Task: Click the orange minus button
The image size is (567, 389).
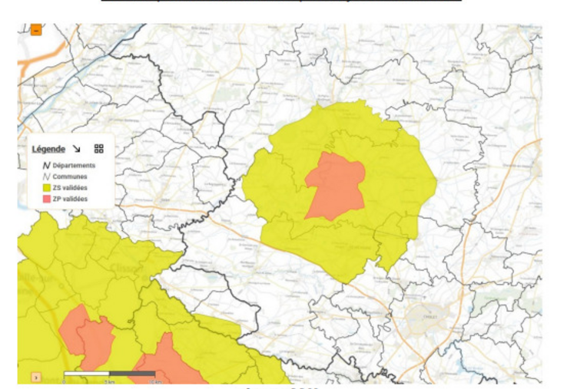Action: tap(36, 30)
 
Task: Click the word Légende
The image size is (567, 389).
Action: tap(48, 149)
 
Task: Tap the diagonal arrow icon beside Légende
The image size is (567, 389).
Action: tap(76, 149)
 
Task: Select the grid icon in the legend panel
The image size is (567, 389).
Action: tap(99, 149)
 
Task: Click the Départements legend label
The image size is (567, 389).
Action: tap(74, 165)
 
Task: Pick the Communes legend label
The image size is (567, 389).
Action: tap(70, 176)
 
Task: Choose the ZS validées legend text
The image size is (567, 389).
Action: tap(70, 188)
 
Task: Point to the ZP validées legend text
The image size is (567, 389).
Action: tap(70, 199)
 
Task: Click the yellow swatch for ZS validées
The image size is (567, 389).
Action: tap(46, 188)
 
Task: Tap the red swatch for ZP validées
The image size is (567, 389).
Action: tap(46, 199)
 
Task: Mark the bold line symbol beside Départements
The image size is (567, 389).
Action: tap(46, 165)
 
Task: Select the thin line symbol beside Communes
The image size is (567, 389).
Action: tap(46, 176)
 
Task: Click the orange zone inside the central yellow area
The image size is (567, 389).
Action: tap(335, 186)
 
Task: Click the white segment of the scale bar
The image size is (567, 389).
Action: tap(86, 374)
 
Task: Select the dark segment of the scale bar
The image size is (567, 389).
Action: tap(132, 374)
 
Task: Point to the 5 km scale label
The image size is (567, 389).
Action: tap(110, 381)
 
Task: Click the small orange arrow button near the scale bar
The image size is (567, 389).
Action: tap(35, 377)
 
